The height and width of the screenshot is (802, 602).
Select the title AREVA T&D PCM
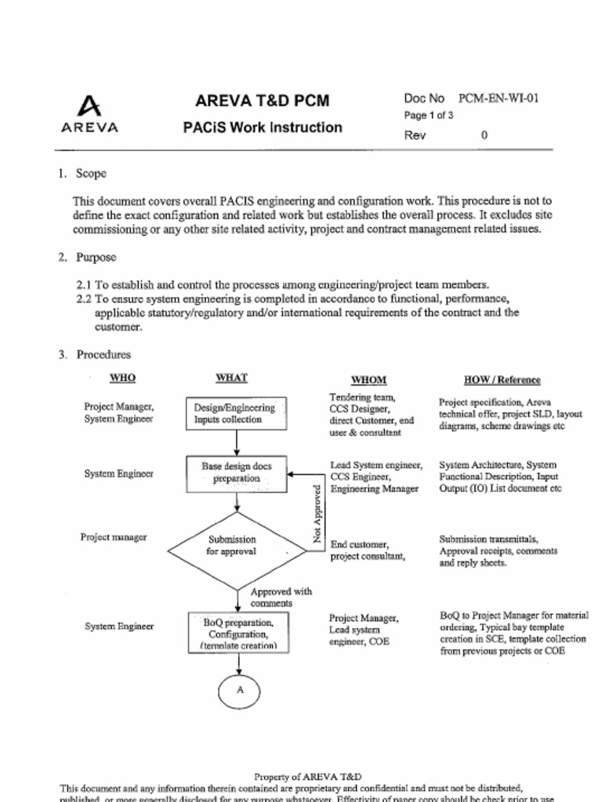click(x=262, y=101)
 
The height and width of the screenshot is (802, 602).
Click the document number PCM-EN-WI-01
click(x=498, y=99)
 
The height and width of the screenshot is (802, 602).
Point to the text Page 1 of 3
click(x=429, y=115)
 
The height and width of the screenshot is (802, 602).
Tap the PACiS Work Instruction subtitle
click(x=262, y=127)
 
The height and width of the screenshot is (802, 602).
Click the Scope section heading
click(x=90, y=173)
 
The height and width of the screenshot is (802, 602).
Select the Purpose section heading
click(x=96, y=257)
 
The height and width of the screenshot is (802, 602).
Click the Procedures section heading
click(x=103, y=355)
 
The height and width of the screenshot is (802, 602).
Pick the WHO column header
click(x=122, y=378)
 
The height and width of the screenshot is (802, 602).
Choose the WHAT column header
click(x=231, y=378)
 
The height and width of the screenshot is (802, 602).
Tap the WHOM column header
click(x=368, y=380)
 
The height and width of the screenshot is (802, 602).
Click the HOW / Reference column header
click(x=502, y=380)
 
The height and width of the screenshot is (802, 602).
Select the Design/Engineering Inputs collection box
click(x=236, y=414)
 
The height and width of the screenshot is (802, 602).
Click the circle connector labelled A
click(x=239, y=690)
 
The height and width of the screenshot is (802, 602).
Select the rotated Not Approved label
click(x=317, y=514)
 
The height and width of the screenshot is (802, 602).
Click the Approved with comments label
click(x=281, y=598)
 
